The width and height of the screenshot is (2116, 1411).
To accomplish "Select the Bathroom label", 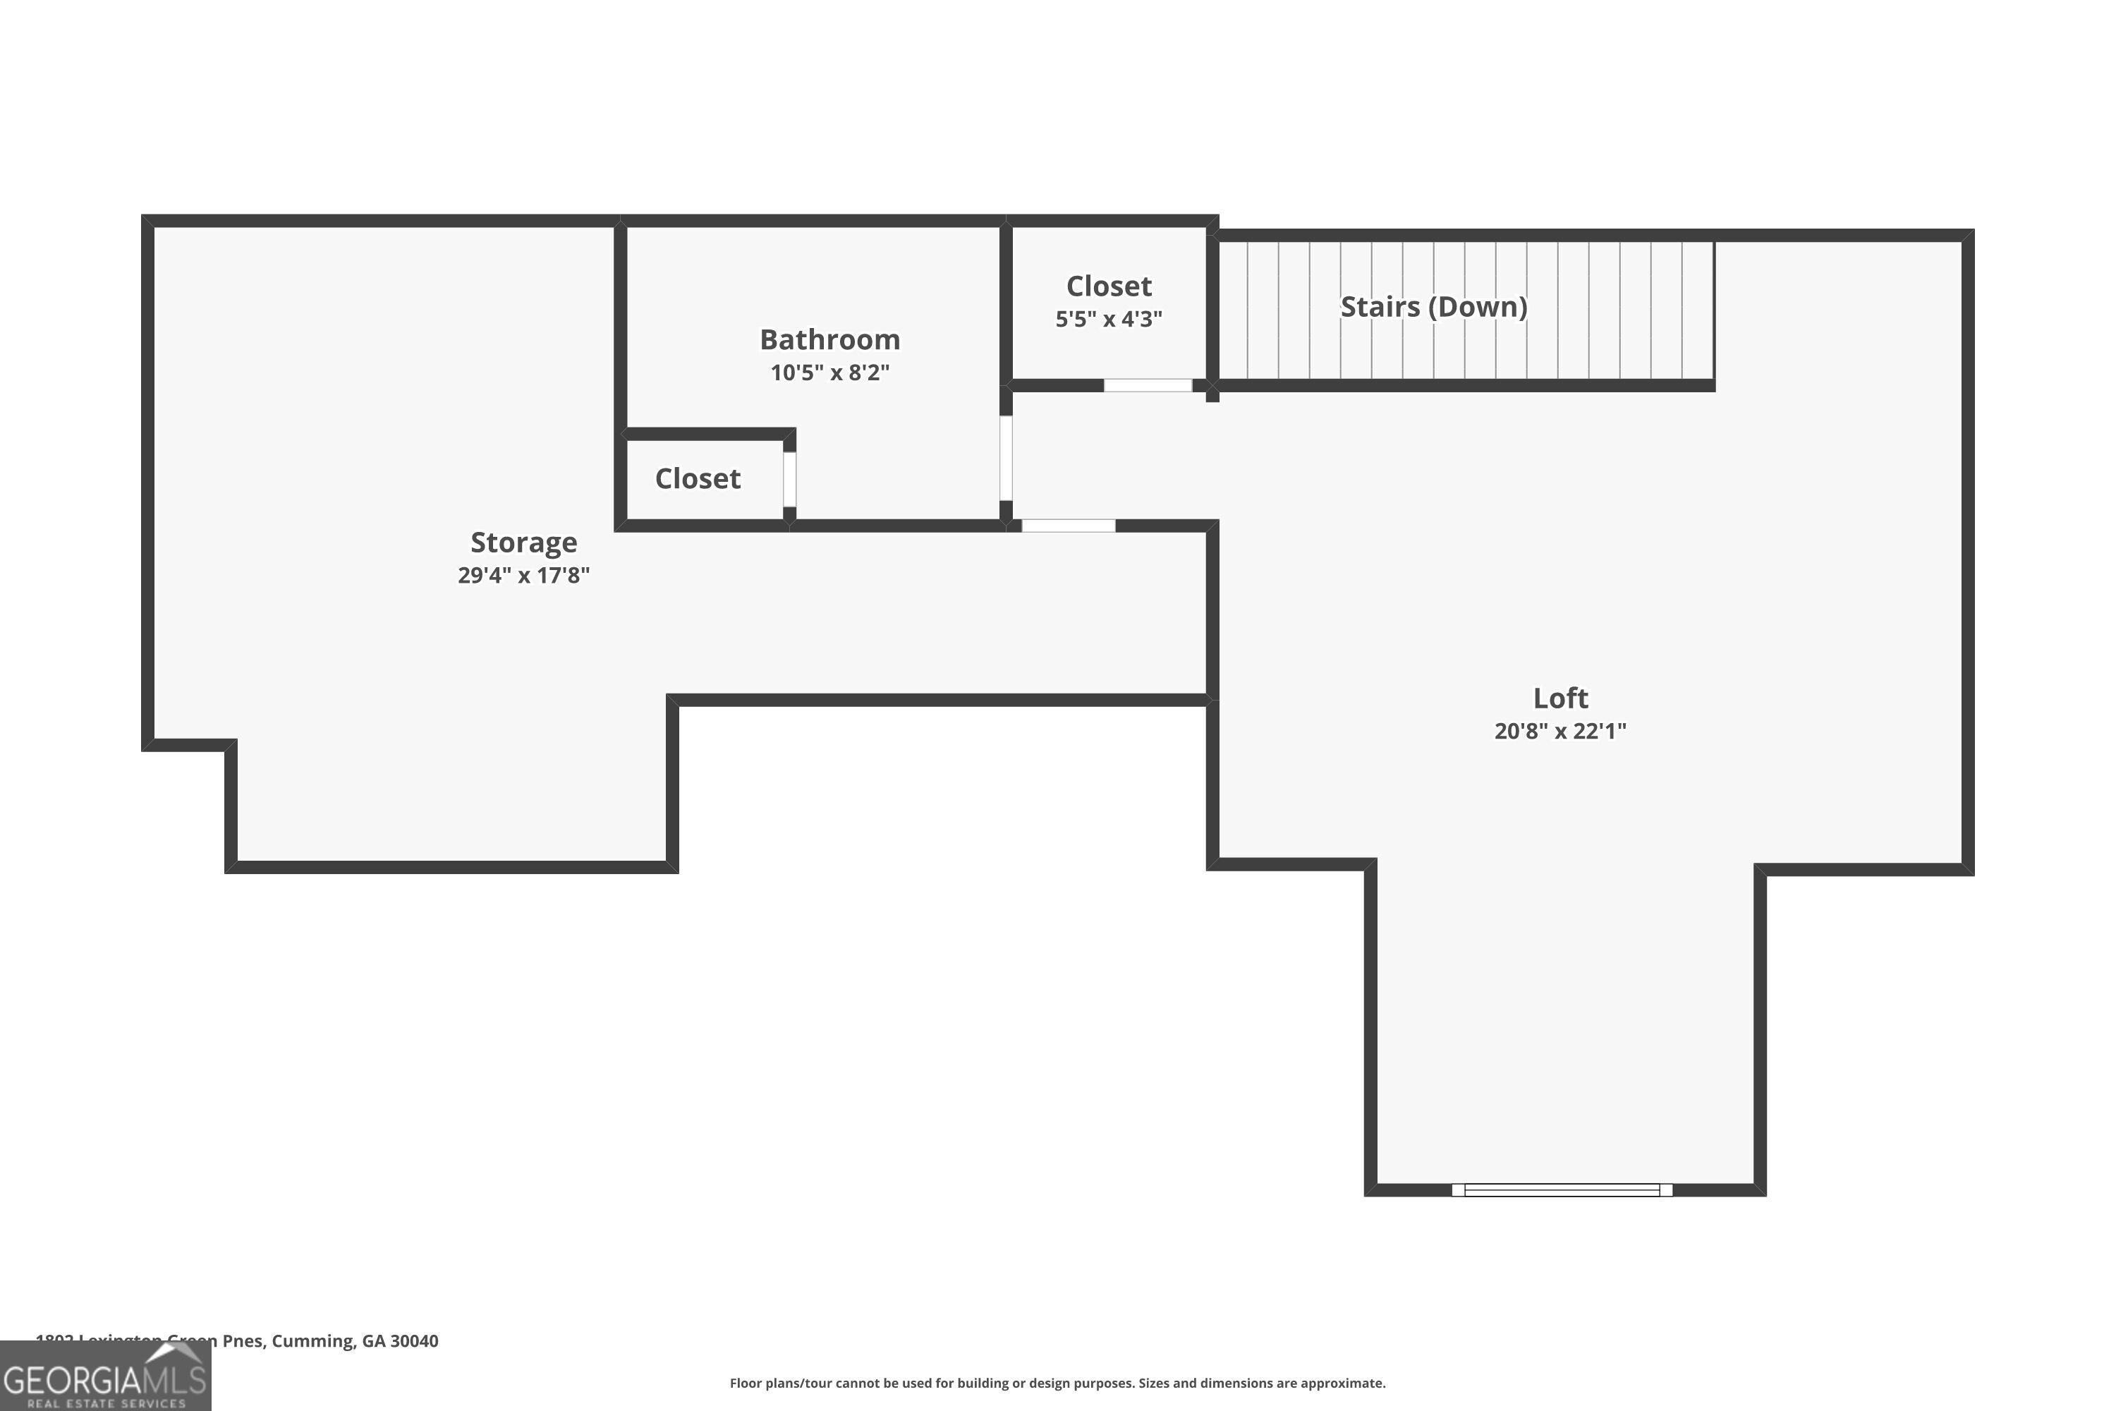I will point(829,339).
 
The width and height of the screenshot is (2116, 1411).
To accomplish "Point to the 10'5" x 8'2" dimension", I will point(829,373).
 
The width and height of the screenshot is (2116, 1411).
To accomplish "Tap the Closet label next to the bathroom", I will point(698,479).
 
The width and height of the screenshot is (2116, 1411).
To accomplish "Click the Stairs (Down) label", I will point(1433,307).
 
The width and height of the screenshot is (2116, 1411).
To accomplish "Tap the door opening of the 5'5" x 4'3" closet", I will point(1148,385).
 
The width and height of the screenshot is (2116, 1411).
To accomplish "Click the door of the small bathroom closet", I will point(789,479).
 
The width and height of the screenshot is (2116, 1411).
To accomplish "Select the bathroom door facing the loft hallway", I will point(1006,457).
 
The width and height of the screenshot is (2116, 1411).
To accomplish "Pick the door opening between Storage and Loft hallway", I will point(1068,526).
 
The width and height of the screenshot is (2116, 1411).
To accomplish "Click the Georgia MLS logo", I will point(105,1377).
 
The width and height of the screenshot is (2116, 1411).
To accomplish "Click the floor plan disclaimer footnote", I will point(1057,1383).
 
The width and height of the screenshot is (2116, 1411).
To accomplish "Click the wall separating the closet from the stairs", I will point(1212,306).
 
